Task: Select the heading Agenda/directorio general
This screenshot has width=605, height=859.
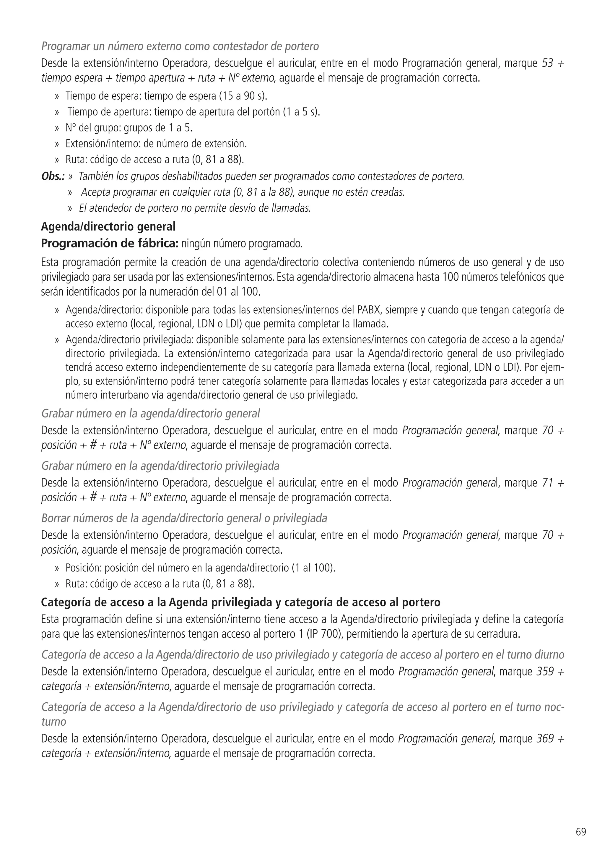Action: tap(108, 226)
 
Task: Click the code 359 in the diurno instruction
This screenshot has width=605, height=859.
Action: tap(545, 671)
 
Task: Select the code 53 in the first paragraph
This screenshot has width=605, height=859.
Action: tap(547, 63)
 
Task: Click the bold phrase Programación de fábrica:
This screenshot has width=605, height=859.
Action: tap(110, 243)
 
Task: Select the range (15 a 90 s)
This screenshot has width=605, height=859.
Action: tap(242, 96)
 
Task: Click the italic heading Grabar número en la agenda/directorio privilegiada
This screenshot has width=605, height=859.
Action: tap(160, 466)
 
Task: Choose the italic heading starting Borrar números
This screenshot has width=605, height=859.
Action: tap(184, 518)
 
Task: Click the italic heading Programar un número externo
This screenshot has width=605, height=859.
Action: tap(180, 46)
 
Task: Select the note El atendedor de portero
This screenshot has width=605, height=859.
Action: tap(194, 208)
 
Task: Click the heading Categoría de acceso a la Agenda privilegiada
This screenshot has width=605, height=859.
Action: tap(240, 602)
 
